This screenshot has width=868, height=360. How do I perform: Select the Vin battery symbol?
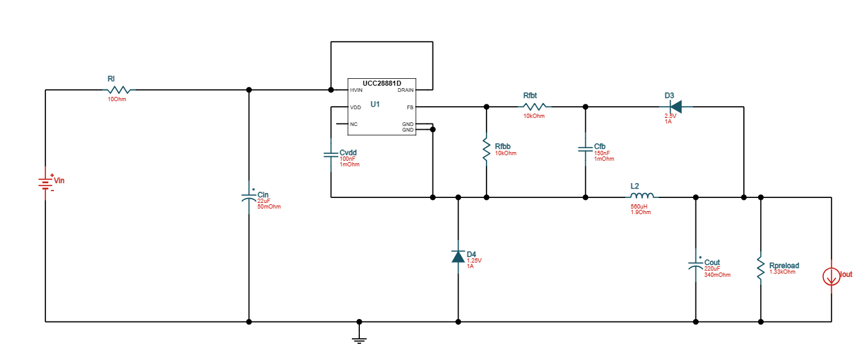pyautogui.click(x=45, y=182)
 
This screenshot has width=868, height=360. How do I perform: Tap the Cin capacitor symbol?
pyautogui.click(x=249, y=197)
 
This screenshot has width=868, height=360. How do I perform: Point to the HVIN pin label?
pyautogui.click(x=356, y=90)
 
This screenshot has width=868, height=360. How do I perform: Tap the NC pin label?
pyautogui.click(x=354, y=124)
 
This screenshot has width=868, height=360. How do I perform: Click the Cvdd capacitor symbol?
pyautogui.click(x=331, y=153)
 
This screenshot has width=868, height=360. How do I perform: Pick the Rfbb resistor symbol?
pyautogui.click(x=486, y=151)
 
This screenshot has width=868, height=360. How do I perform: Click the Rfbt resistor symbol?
pyautogui.click(x=534, y=107)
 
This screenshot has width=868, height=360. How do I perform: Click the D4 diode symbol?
pyautogui.click(x=458, y=256)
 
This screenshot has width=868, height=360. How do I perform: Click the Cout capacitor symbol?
pyautogui.click(x=696, y=265)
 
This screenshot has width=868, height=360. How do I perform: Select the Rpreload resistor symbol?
pyautogui.click(x=761, y=266)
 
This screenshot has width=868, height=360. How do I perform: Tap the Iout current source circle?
pyautogui.click(x=831, y=276)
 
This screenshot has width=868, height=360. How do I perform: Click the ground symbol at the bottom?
pyautogui.click(x=359, y=340)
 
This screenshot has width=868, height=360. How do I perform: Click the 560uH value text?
pyautogui.click(x=639, y=207)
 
